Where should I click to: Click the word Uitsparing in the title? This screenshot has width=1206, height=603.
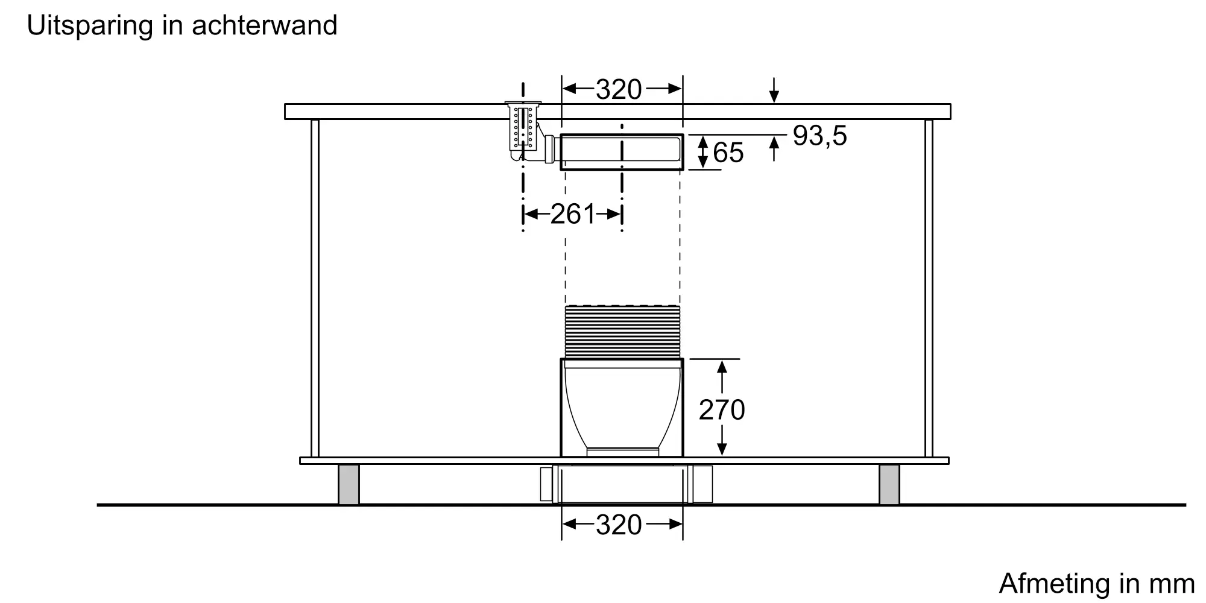90,25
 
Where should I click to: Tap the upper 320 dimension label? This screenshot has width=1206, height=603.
619,90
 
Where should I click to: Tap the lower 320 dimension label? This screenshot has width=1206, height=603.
619,525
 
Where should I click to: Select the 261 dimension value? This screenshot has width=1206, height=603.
573,214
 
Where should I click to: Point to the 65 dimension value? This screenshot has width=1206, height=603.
728,153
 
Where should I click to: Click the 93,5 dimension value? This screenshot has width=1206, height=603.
819,136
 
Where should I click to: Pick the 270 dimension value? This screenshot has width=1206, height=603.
722,411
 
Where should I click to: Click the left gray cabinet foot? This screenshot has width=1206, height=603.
349,484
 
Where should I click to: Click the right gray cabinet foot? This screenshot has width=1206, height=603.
889,484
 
